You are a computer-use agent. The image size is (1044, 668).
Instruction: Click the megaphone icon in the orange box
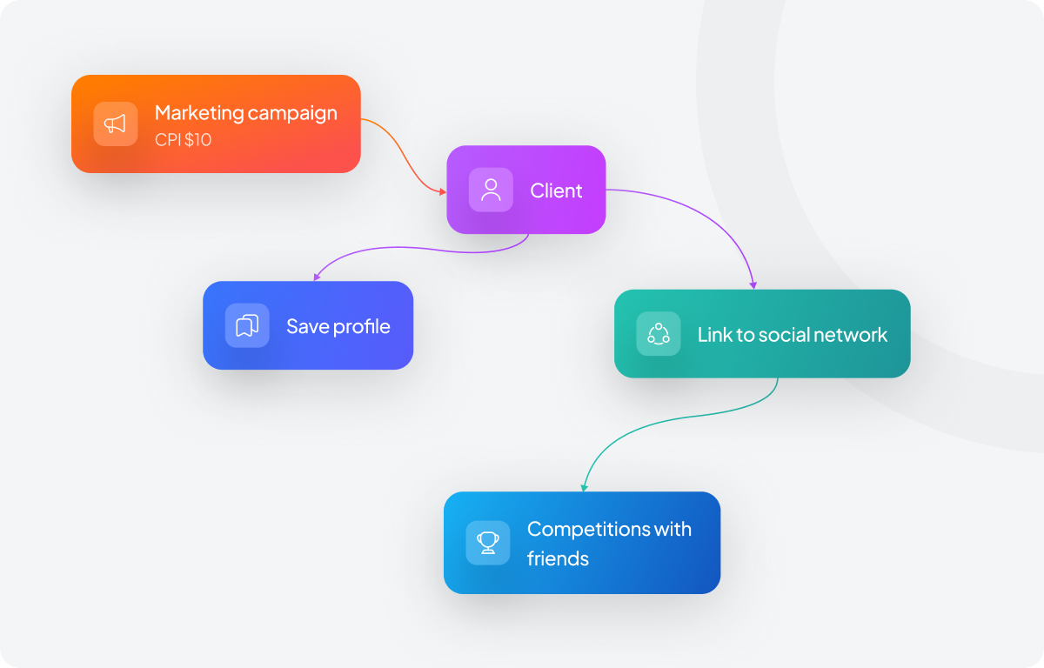116,124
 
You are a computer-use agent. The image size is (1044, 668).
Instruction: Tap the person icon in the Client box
492,190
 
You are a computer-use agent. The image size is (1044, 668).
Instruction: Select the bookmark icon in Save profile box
247,325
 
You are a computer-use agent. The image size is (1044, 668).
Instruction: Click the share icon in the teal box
659,334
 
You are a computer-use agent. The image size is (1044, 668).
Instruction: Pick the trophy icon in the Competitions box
488,543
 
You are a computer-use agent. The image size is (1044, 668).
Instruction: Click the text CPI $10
183,139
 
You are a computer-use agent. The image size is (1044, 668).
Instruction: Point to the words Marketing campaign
245,113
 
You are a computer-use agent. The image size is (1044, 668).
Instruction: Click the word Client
556,190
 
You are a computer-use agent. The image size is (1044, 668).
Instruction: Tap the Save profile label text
338,326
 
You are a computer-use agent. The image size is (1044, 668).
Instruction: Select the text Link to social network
793,335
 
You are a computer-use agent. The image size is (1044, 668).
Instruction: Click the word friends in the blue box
558,558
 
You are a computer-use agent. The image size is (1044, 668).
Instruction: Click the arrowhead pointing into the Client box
442,190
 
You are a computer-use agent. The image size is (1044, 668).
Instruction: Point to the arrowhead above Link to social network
753,284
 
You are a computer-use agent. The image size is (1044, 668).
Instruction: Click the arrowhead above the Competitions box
585,486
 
